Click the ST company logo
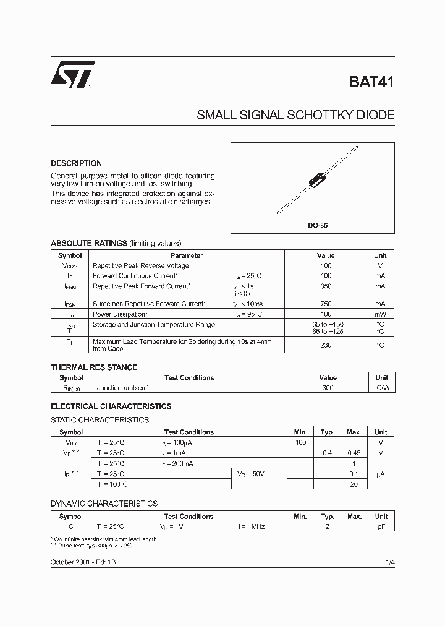(x=72, y=75)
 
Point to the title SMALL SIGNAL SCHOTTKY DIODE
(x=295, y=115)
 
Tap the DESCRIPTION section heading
(x=76, y=163)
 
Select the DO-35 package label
(x=318, y=225)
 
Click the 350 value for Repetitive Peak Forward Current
(x=326, y=286)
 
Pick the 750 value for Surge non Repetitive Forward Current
(x=326, y=304)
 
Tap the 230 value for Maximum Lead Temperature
(x=326, y=345)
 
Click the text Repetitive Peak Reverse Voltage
(x=140, y=265)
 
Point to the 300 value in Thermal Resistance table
(x=328, y=388)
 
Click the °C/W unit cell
(x=381, y=388)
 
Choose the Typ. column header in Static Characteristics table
(x=328, y=432)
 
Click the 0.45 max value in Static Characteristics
(x=354, y=453)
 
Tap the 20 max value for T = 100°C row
(x=354, y=484)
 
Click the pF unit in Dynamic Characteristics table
(x=381, y=526)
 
